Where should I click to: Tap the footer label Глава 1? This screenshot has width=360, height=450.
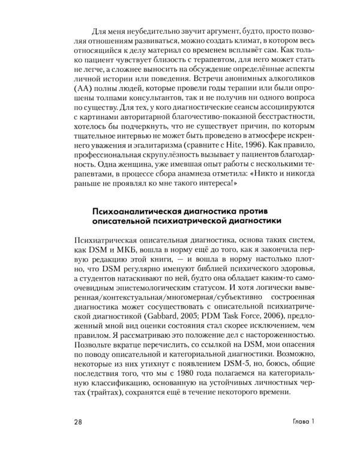point(300,421)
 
